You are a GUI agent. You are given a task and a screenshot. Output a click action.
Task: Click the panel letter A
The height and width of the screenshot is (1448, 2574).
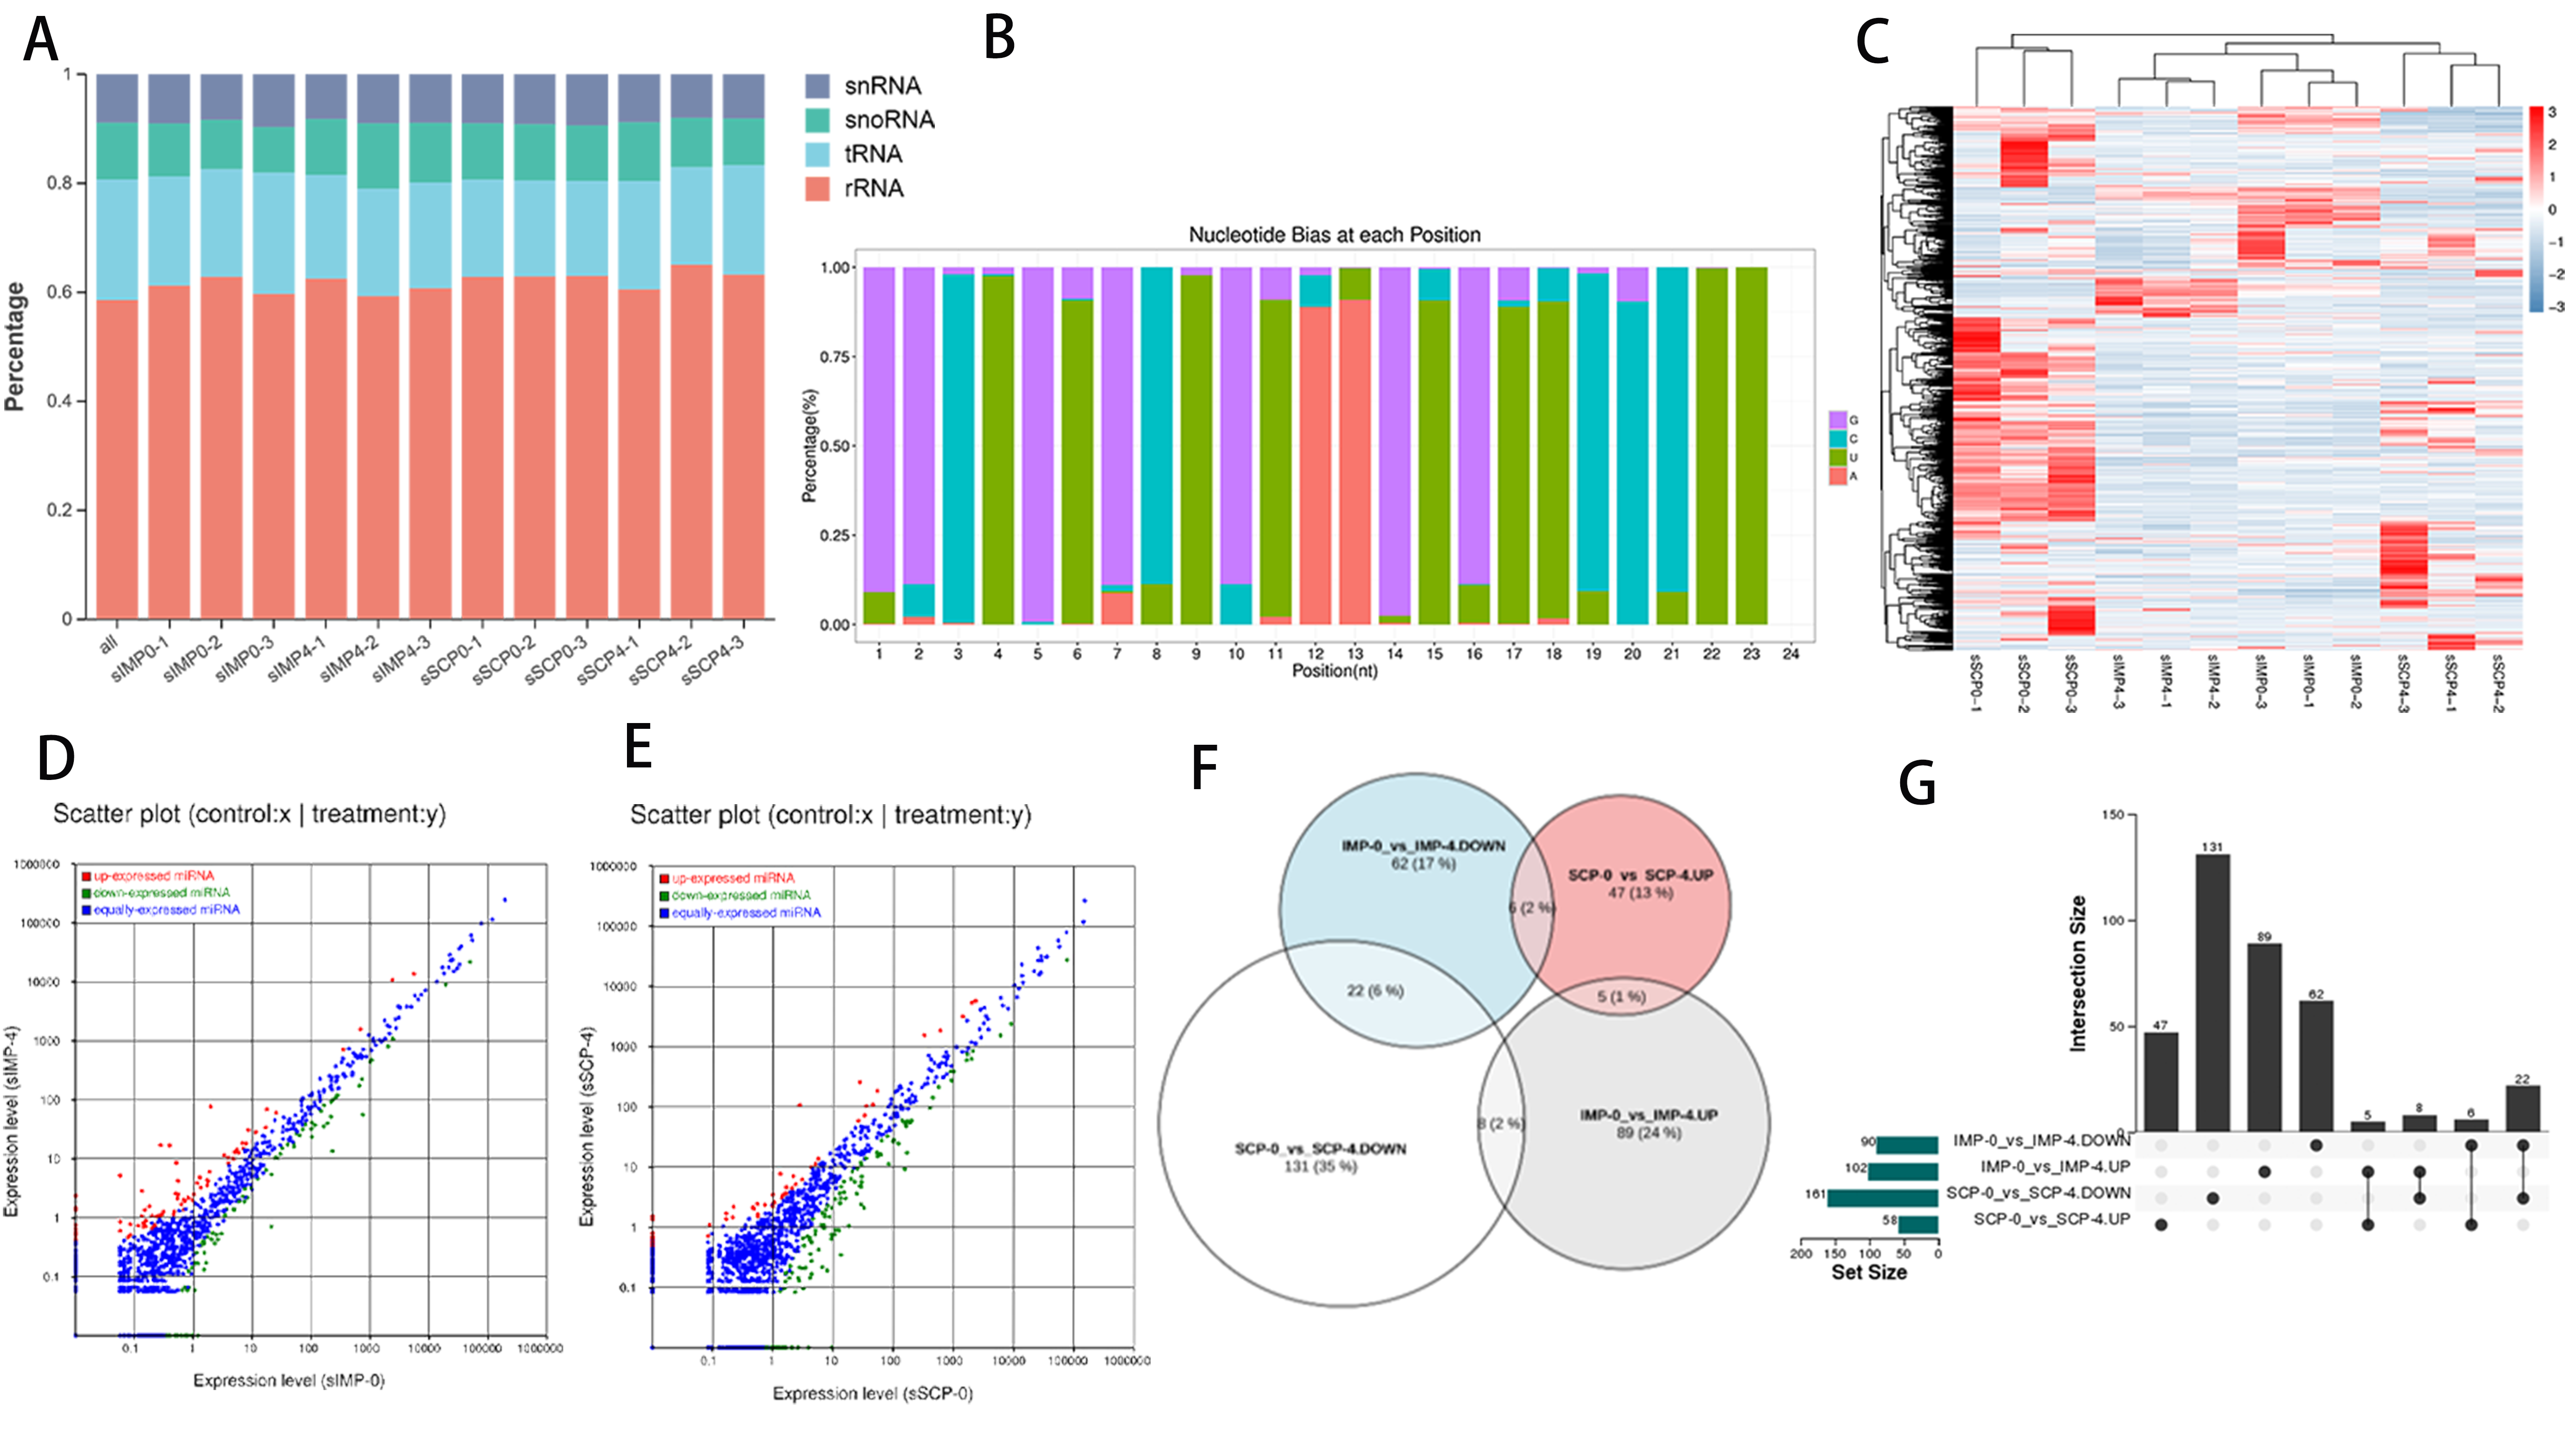[x=41, y=42]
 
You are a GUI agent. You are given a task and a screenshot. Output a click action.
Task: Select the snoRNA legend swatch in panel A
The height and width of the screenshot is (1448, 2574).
[x=817, y=120]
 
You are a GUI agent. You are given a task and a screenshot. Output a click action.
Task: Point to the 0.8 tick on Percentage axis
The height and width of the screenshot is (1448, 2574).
[x=59, y=183]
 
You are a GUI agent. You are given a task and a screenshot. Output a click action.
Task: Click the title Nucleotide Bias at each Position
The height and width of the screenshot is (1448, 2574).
[x=1334, y=235]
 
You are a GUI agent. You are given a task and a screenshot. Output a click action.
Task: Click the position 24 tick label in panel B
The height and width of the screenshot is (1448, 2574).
[x=1791, y=654]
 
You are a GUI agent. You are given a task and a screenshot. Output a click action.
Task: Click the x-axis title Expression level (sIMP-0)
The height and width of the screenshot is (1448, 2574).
[x=289, y=1380]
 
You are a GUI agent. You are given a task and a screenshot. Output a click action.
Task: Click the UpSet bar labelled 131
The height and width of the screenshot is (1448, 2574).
[x=2212, y=994]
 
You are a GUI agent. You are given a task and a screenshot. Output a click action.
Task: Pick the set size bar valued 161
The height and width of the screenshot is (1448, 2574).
[x=1882, y=1197]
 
